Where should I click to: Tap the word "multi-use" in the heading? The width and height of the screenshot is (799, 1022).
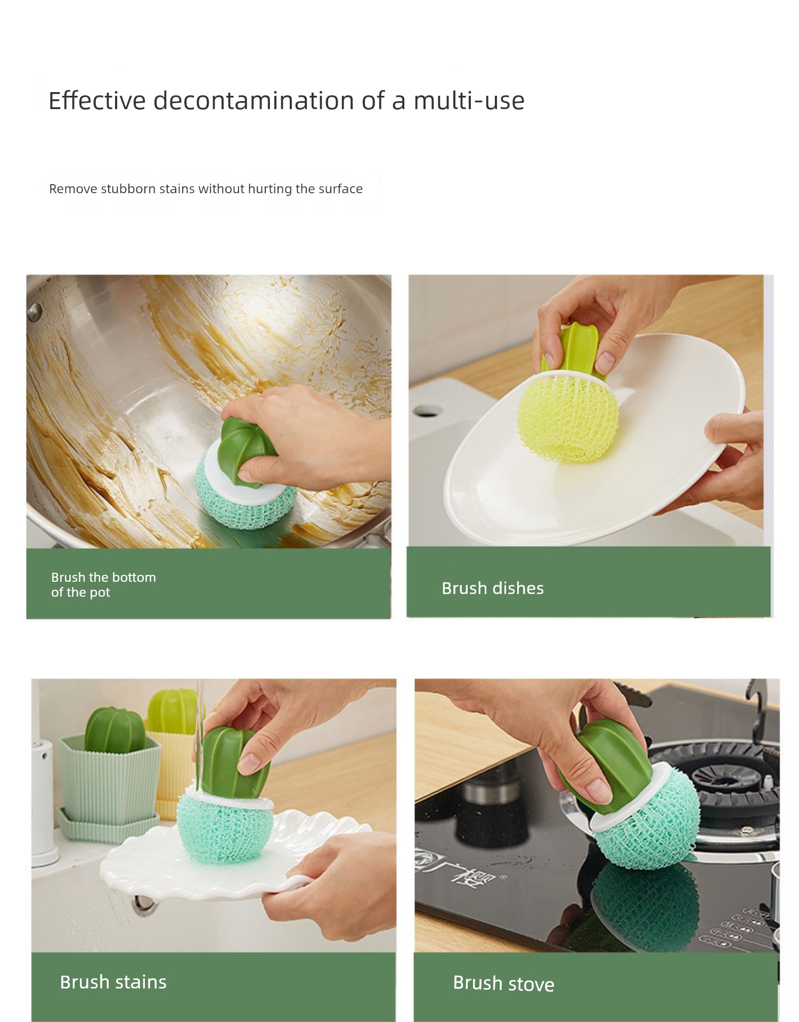(x=469, y=100)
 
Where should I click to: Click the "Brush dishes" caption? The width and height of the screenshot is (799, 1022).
(x=493, y=588)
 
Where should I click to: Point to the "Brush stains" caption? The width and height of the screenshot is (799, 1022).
(x=113, y=982)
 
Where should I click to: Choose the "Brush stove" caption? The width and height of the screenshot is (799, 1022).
(x=503, y=984)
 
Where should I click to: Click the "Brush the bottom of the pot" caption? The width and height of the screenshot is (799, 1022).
(x=103, y=584)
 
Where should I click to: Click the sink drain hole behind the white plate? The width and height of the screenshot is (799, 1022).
(x=428, y=410)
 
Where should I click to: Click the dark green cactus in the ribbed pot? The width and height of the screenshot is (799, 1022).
(x=114, y=730)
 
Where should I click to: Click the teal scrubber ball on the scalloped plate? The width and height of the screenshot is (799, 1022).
(x=225, y=830)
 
